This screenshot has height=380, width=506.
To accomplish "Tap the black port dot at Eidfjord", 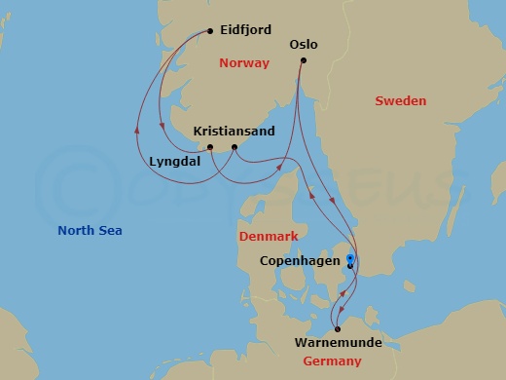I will coord(210,32).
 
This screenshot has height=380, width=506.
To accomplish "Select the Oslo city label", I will coord(304,44).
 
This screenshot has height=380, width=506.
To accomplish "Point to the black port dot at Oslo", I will coord(303,61).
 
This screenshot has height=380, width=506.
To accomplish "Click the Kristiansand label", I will coord(235,131).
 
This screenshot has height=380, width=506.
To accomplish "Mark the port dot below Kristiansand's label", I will coord(235,147).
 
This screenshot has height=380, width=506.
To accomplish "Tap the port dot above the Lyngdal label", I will coord(210,147).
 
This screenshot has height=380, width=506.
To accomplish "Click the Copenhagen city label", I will coord(302,261).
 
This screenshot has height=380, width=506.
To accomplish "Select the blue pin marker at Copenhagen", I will coord(350,258).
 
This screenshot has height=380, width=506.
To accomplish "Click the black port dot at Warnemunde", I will coord(338,328).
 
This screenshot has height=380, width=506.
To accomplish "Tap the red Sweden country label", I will coord(401,100).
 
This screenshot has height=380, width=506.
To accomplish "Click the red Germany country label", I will coord(331,361).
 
